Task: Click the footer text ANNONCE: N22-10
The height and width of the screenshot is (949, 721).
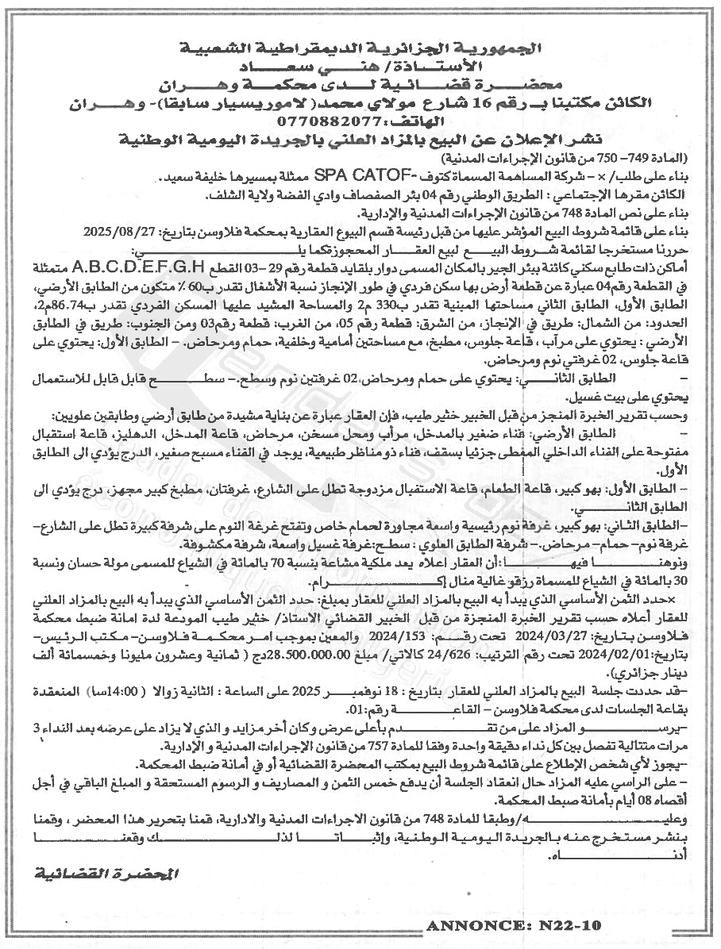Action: point(515,926)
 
